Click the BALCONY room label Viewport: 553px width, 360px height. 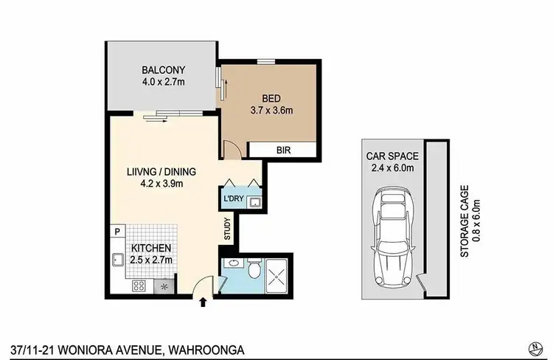[163, 71]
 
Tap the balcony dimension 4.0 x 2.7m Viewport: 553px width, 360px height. [163, 83]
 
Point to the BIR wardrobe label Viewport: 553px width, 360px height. [283, 150]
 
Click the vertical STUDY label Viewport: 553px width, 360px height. [228, 228]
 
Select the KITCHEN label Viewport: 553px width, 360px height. [152, 248]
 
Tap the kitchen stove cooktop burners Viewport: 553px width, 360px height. [140, 286]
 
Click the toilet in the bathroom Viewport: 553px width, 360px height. [253, 270]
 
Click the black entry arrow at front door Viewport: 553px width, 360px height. [204, 300]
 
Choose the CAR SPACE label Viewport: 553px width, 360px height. [392, 156]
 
